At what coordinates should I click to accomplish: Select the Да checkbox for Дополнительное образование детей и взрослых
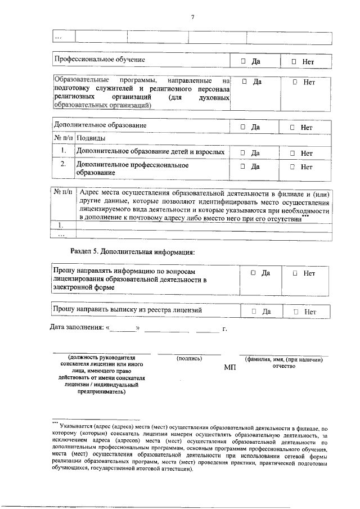click(x=243, y=153)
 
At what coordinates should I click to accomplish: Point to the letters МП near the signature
click(x=229, y=367)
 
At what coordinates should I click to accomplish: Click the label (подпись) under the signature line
click(x=190, y=358)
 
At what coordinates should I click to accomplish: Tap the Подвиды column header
click(x=90, y=138)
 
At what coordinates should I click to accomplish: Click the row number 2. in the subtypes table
click(x=64, y=164)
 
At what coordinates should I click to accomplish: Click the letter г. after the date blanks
click(x=224, y=328)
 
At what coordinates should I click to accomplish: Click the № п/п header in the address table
click(x=62, y=192)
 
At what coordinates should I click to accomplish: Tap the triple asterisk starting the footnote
click(x=55, y=421)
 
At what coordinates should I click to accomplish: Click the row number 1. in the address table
click(x=60, y=225)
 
